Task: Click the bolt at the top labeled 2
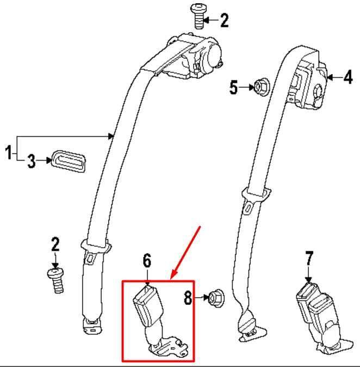click(x=199, y=16)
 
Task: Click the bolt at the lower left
click(x=56, y=281)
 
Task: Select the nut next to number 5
click(x=262, y=87)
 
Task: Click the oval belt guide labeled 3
click(x=69, y=162)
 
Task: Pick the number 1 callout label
click(x=8, y=152)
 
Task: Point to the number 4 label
click(x=347, y=77)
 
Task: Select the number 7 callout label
click(x=309, y=259)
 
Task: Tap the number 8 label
click(x=188, y=298)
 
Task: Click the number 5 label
click(x=233, y=87)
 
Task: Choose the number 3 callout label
click(x=32, y=161)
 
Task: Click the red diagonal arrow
click(x=185, y=253)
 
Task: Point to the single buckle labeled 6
click(x=147, y=306)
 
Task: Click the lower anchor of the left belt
click(x=92, y=325)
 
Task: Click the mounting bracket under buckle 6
click(x=169, y=347)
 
